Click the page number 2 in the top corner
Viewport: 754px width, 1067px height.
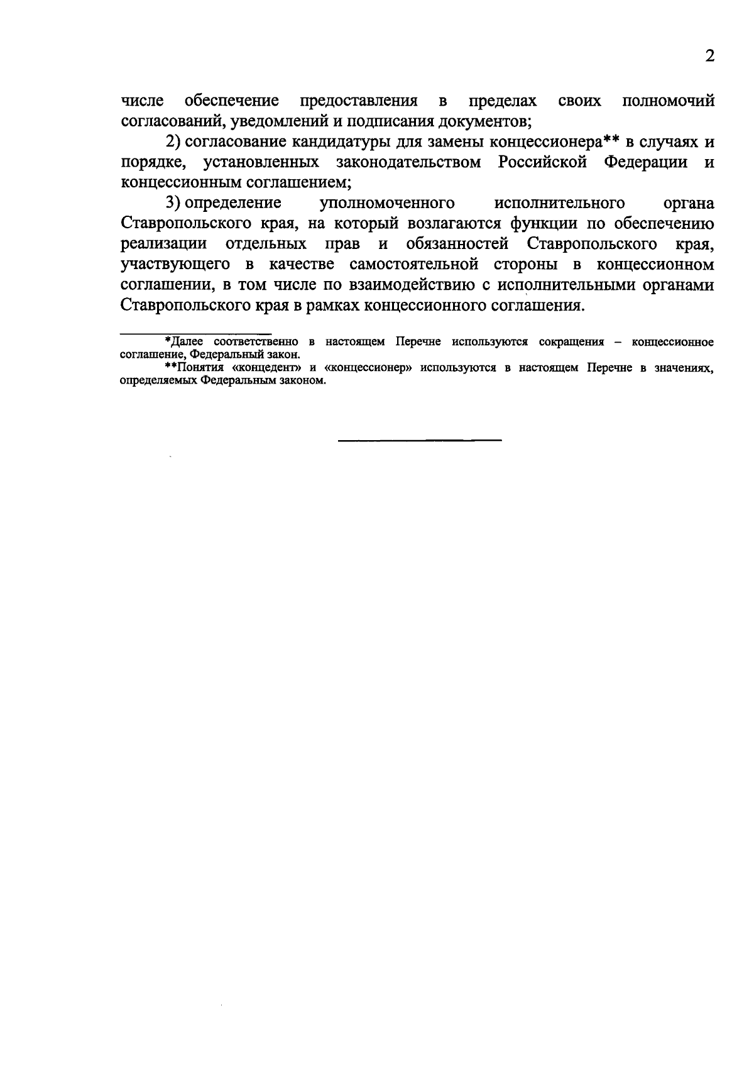(x=709, y=57)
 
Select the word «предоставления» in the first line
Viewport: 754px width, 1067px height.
(x=359, y=101)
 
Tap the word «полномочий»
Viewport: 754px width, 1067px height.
(x=668, y=101)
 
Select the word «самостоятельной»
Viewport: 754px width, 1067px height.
(x=410, y=264)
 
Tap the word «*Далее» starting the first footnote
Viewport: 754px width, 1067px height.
(x=184, y=342)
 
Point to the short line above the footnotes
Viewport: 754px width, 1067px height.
(x=195, y=333)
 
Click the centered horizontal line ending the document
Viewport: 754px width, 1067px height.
(x=420, y=440)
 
